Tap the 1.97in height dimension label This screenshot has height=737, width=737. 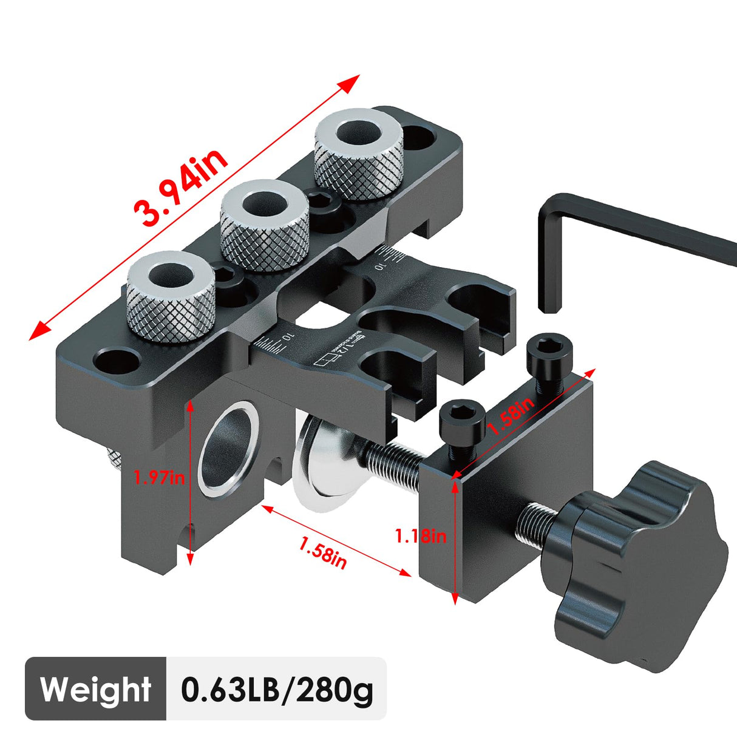(x=160, y=477)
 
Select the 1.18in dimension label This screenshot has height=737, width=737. (x=421, y=536)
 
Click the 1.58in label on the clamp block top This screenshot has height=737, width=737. (x=511, y=416)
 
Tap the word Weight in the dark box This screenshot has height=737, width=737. (x=95, y=689)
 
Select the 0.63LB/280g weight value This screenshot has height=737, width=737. (x=277, y=689)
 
